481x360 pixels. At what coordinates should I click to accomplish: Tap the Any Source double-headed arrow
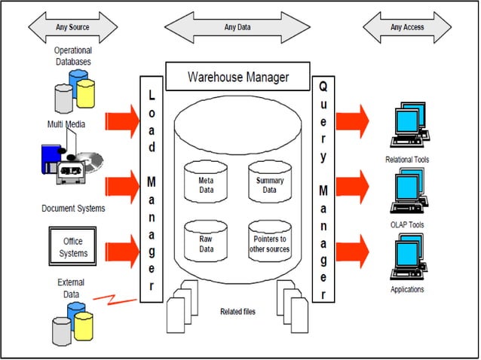[73, 28]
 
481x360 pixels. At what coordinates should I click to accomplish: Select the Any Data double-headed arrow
[240, 29]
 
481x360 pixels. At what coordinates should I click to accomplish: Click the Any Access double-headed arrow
[408, 28]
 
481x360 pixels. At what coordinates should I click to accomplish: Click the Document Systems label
[74, 207]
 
